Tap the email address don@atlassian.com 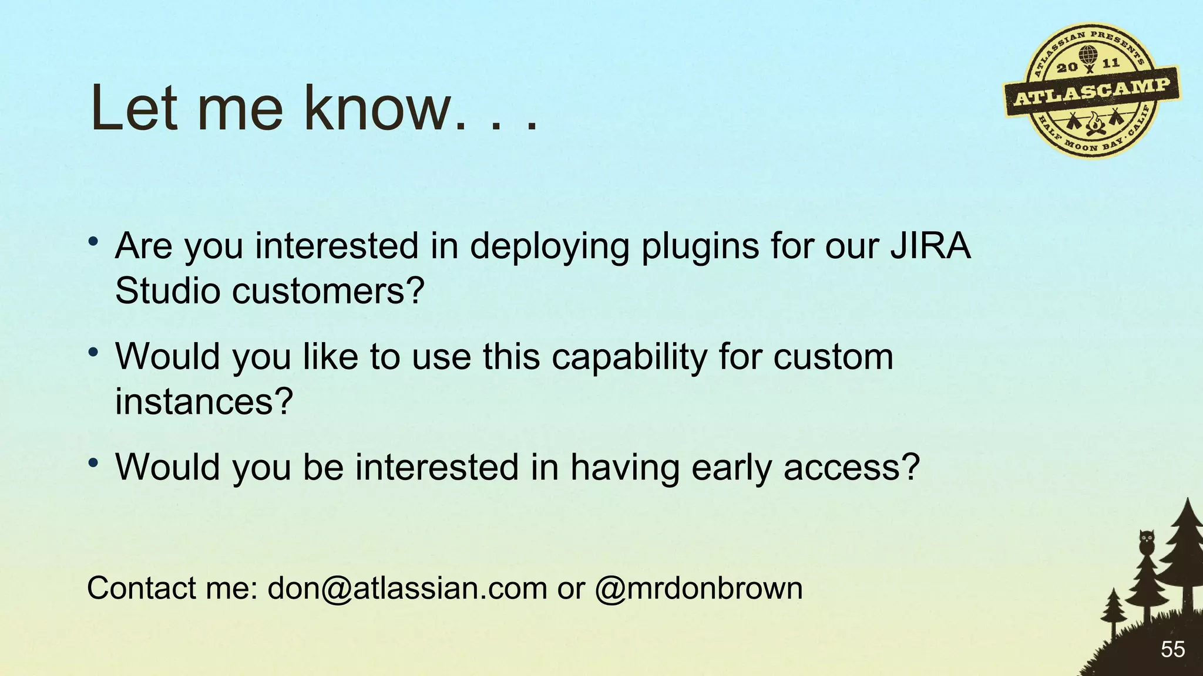coord(407,588)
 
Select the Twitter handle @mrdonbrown coord(698,588)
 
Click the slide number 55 coord(1172,650)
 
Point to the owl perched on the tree coord(1147,541)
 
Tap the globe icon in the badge coord(1088,55)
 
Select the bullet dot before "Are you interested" coord(93,242)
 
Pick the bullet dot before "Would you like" coord(93,352)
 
